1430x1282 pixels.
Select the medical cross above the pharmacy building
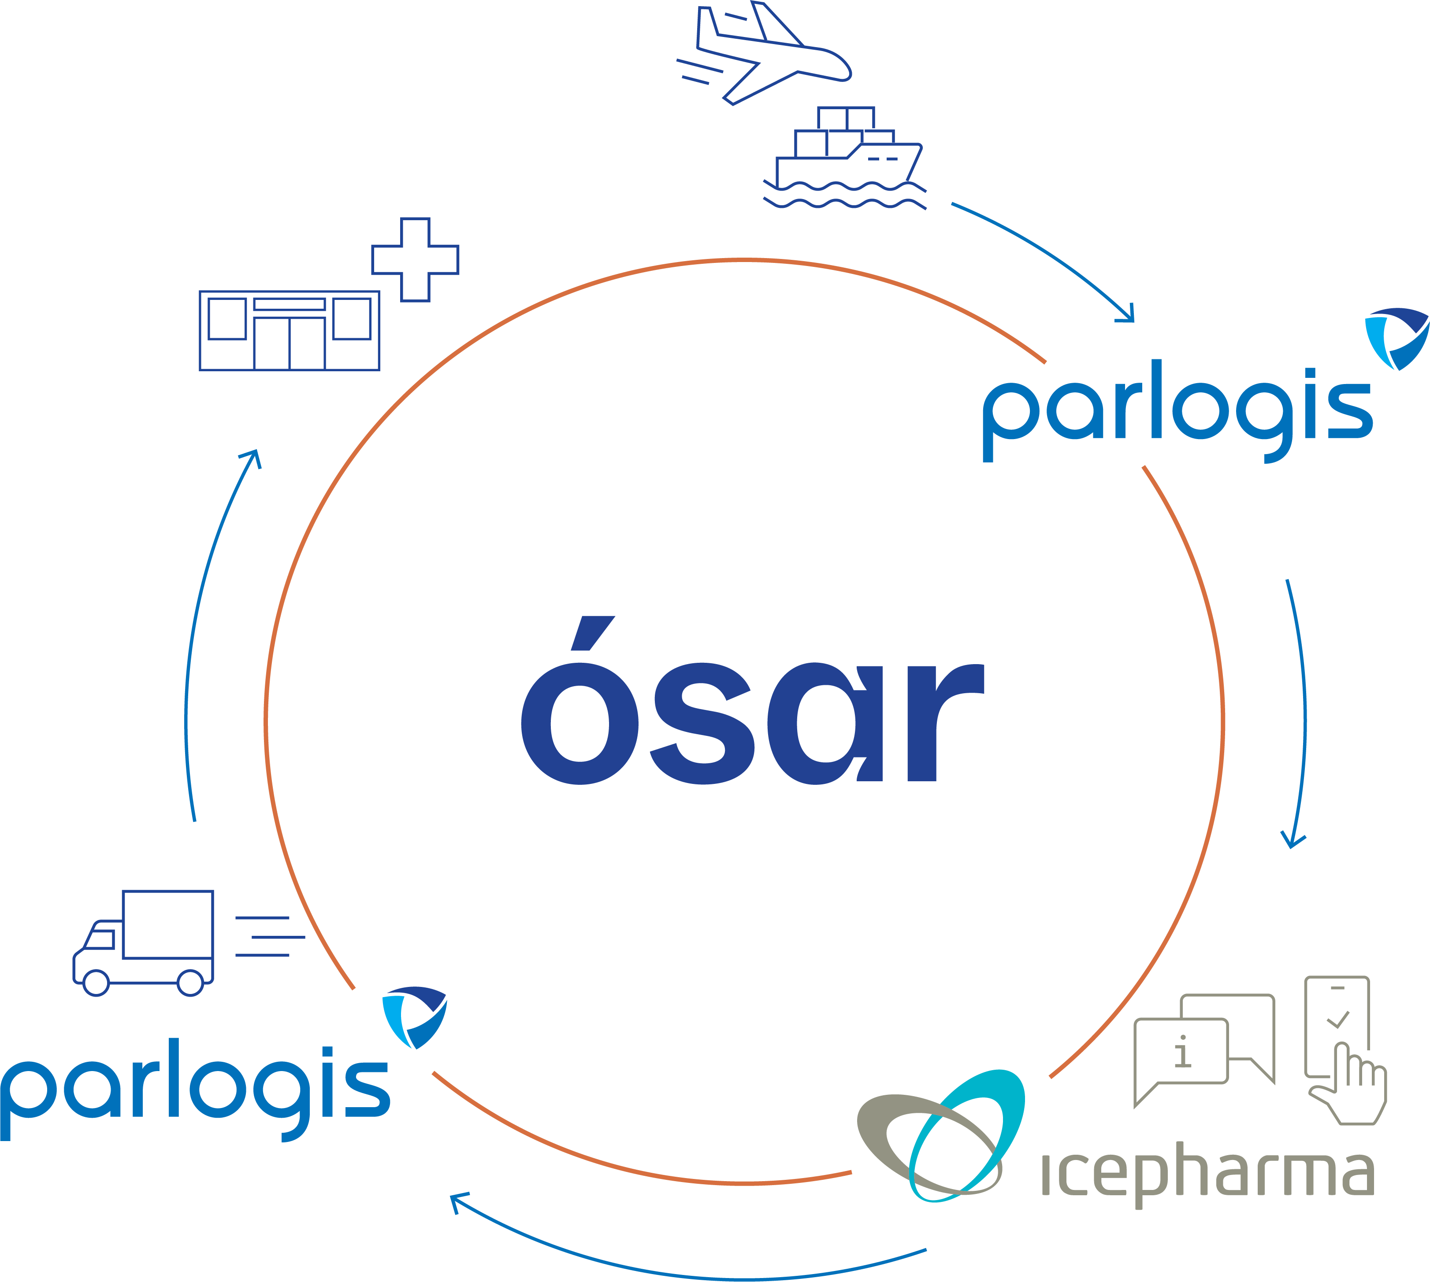click(415, 260)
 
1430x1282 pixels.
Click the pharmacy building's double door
click(289, 343)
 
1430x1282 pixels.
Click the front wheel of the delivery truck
click(96, 983)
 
